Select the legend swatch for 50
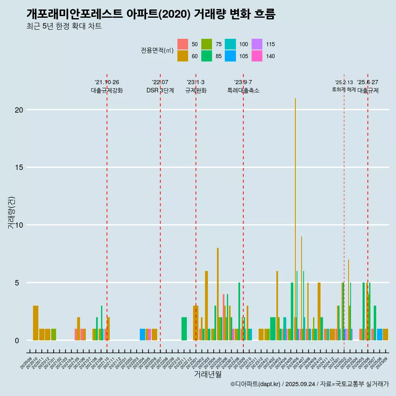pyautogui.click(x=183, y=44)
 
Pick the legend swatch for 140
pyautogui.click(x=257, y=56)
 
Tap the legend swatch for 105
pyautogui.click(x=230, y=56)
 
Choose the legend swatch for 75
pyautogui.click(x=207, y=44)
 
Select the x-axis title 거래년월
pyautogui.click(x=208, y=375)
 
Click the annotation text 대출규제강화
pyautogui.click(x=107, y=90)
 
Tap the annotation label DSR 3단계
pyautogui.click(x=160, y=90)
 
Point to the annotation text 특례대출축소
pyautogui.click(x=243, y=90)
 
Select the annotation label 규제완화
pyautogui.click(x=196, y=90)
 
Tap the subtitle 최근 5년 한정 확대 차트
pyautogui.click(x=64, y=26)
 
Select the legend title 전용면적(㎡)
pyautogui.click(x=157, y=50)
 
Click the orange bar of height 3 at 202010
pyautogui.click(x=35, y=323)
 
